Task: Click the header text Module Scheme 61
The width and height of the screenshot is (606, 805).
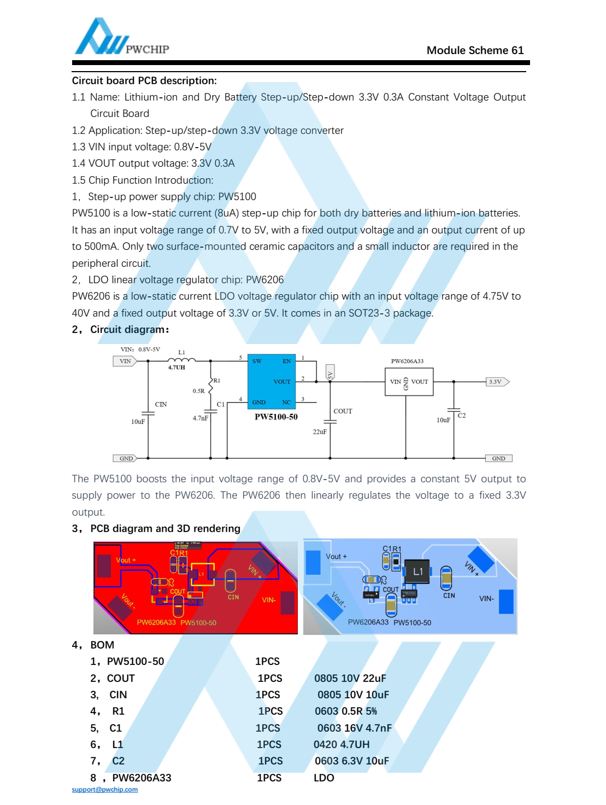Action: tap(475, 50)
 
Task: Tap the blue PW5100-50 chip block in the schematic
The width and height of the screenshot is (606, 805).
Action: tap(272, 382)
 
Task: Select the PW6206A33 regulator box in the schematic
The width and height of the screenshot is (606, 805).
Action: tap(409, 382)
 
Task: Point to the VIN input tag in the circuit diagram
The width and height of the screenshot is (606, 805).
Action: tap(125, 361)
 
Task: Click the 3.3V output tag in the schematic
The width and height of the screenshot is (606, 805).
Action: tap(497, 382)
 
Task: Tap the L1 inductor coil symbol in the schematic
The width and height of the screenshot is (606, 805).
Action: tap(181, 359)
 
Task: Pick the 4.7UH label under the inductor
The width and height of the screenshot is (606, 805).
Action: tap(176, 367)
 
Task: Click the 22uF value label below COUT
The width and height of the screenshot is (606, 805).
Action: tap(320, 432)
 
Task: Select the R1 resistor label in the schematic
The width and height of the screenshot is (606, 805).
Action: tap(217, 381)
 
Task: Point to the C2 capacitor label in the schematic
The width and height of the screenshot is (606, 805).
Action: tap(462, 416)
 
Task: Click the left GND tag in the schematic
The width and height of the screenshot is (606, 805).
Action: tap(126, 458)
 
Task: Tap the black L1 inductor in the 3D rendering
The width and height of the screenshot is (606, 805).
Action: tap(417, 572)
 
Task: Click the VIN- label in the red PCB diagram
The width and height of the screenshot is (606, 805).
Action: tap(269, 600)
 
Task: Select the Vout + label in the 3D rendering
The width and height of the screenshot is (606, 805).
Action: tap(336, 557)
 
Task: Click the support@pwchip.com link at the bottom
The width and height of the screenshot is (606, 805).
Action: tap(105, 790)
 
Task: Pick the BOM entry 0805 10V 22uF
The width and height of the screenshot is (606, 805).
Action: tap(350, 678)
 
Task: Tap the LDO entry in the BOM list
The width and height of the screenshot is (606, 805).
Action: tap(323, 778)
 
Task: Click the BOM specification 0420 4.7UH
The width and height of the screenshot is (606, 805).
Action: tap(342, 744)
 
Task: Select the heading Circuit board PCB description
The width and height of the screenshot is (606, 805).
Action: tap(144, 81)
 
